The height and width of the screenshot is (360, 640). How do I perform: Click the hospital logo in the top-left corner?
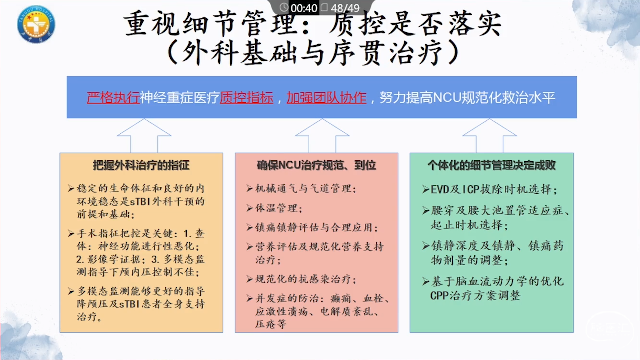[36, 24]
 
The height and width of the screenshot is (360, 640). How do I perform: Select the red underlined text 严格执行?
[113, 98]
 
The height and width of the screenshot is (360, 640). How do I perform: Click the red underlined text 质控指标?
[247, 98]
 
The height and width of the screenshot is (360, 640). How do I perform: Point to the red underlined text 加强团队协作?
[327, 98]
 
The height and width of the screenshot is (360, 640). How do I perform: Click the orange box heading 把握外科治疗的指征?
[141, 165]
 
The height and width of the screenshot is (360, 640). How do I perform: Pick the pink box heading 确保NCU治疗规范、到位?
[316, 165]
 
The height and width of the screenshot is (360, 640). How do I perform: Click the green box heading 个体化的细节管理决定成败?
[492, 165]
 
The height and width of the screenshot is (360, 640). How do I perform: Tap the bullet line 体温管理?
[275, 208]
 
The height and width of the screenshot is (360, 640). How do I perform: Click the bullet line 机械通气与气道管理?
[301, 189]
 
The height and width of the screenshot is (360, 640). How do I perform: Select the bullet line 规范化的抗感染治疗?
[301, 279]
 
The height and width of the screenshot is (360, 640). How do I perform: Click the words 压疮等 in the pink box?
[271, 324]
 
